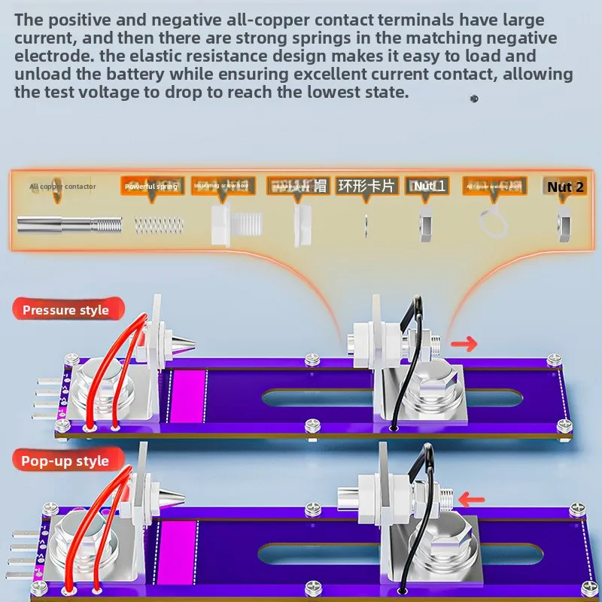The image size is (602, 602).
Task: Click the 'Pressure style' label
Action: (65, 310)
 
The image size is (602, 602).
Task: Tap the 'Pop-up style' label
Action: (65, 461)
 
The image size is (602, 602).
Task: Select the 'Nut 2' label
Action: (565, 187)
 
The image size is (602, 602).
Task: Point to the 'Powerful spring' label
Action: (151, 186)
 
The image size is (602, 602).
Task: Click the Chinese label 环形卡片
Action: (366, 186)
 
